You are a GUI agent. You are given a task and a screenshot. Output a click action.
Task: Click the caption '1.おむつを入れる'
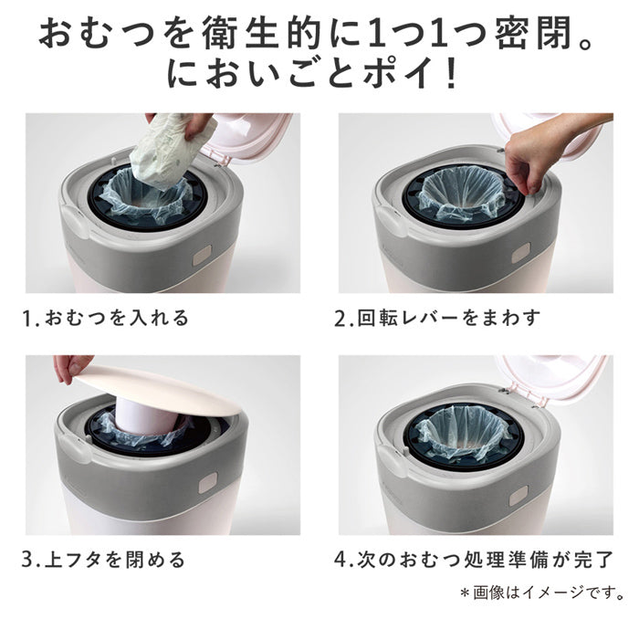point(106,318)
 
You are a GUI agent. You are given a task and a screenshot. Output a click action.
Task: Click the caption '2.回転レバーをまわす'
point(438,318)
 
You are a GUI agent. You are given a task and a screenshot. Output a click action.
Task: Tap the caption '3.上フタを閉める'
point(104,560)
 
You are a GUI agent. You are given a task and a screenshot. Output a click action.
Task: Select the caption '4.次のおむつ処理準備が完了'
point(474,560)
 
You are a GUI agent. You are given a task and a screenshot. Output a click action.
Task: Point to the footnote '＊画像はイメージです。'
point(542,593)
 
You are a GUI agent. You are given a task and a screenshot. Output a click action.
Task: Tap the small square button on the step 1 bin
point(203,256)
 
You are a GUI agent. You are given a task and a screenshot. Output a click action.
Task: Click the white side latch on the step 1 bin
point(76,222)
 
